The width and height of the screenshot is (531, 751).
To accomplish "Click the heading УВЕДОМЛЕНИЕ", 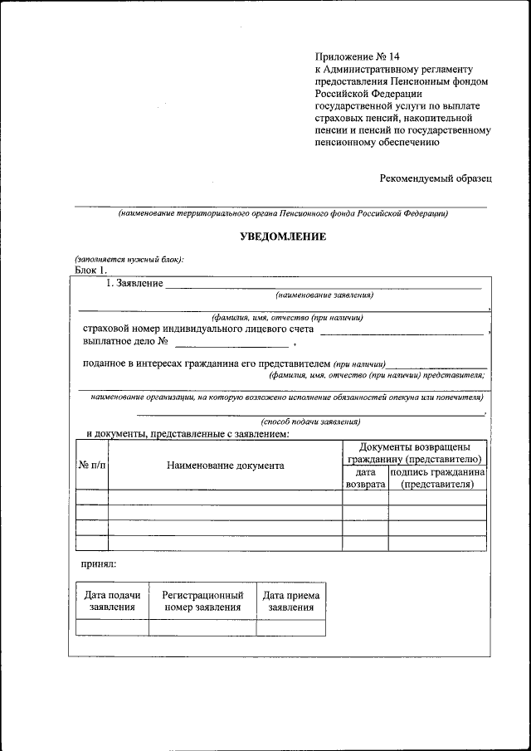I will (x=283, y=237).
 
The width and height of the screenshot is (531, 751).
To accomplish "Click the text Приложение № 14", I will (x=352, y=56).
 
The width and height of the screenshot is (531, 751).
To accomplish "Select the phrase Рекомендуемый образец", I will (x=436, y=178).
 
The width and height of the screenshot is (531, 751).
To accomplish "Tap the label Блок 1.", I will (x=90, y=270).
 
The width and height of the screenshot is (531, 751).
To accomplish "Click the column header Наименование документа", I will (x=225, y=466).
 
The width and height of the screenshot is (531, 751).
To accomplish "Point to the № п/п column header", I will (x=91, y=466).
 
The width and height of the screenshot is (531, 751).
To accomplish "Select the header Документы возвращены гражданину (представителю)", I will (x=414, y=453).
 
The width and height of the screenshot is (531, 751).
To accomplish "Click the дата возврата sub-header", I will (x=365, y=478).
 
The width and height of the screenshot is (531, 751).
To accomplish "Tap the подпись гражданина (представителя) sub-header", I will (x=437, y=478).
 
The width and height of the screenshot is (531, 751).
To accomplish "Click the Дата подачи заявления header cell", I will (x=112, y=601).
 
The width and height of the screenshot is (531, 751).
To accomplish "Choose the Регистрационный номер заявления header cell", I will (x=202, y=601).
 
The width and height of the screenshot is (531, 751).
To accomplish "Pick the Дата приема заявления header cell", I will (x=290, y=601).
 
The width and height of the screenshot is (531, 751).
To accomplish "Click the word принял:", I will (x=98, y=564).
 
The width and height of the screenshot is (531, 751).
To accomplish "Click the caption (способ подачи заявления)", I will (x=310, y=422).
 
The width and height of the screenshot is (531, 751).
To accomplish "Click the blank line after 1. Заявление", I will (x=324, y=286).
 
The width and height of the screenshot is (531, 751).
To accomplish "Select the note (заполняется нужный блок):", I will (x=129, y=259).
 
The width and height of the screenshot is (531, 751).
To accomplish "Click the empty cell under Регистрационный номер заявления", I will (x=202, y=627).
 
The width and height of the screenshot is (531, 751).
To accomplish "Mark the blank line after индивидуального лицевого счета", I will (x=402, y=332).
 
